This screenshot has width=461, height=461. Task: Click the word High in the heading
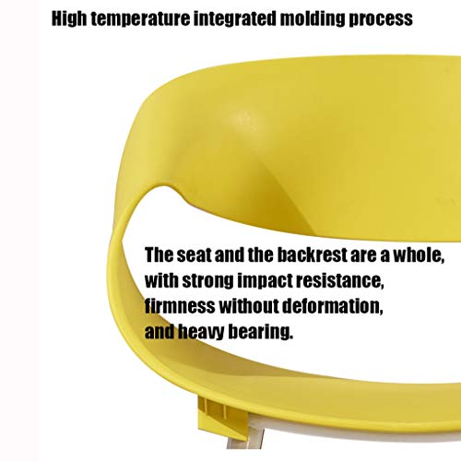(69, 19)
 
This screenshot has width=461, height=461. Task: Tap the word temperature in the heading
(140, 19)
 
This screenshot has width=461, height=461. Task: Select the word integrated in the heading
(235, 19)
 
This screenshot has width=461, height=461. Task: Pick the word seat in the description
(195, 255)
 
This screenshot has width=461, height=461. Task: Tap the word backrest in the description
(312, 254)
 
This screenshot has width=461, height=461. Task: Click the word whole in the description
(419, 255)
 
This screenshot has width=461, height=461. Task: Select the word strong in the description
(208, 281)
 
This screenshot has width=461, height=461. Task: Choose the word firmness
(180, 306)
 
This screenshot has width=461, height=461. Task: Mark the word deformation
(333, 306)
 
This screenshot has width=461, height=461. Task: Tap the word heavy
(201, 332)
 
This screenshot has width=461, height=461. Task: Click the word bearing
(260, 332)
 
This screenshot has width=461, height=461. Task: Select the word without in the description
(249, 306)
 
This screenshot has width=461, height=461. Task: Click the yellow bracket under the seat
(222, 418)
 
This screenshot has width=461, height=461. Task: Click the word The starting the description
(159, 254)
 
